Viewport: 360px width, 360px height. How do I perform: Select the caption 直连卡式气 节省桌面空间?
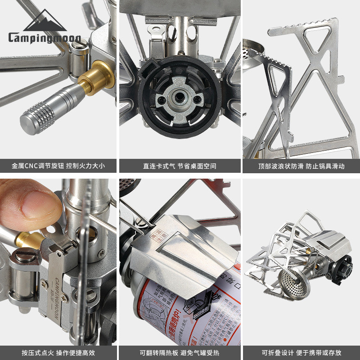180,166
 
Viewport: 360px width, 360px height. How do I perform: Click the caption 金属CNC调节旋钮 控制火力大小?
58,166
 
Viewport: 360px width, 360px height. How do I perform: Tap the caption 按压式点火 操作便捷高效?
58,353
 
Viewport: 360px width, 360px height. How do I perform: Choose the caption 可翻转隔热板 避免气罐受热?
180,353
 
